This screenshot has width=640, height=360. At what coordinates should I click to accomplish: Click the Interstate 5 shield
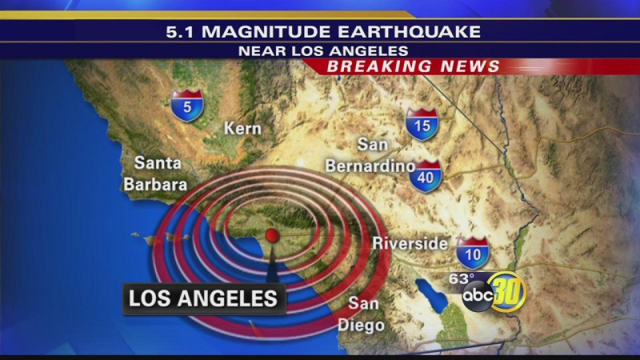pos(186,106)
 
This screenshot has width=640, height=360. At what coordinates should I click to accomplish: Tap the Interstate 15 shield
pos(421,125)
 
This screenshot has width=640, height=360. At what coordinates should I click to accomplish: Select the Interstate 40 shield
pos(426,176)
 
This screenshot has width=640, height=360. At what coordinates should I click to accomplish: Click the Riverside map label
pos(410,243)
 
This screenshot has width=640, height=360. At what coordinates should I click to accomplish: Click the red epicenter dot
pos(272,234)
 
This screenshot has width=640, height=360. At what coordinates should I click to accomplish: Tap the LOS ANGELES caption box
pos(203,299)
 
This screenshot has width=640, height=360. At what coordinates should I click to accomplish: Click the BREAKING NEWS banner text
pos(414,66)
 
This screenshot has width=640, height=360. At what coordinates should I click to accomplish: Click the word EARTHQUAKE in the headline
pos(420,32)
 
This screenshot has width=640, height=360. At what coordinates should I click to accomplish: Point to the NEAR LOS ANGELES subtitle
pos(322,50)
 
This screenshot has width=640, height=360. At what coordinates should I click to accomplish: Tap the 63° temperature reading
pos(461,278)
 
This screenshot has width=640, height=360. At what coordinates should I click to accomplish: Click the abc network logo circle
pos(478,297)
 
